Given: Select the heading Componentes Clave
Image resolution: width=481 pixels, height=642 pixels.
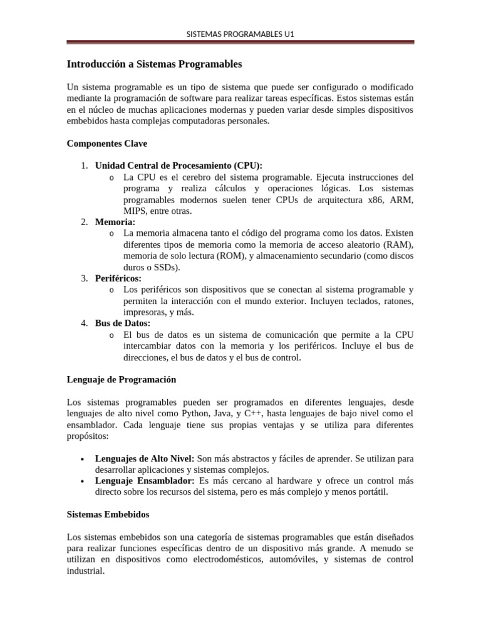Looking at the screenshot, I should pos(107,144).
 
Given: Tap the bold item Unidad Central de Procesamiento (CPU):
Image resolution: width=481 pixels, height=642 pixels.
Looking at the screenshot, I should pos(178,166).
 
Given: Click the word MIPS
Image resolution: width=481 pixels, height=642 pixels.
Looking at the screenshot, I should pos(135,211).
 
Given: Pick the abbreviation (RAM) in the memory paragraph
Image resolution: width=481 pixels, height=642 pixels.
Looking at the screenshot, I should pos(400,245).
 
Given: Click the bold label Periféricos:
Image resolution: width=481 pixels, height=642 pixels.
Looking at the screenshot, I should pos(118,278).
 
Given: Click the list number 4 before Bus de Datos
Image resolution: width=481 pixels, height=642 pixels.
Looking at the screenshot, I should pos(84,324).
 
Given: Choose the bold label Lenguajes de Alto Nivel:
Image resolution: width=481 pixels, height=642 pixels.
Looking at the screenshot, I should pos(145,458).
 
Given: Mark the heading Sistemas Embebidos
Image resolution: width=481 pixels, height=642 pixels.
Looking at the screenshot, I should pos(108,515).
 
